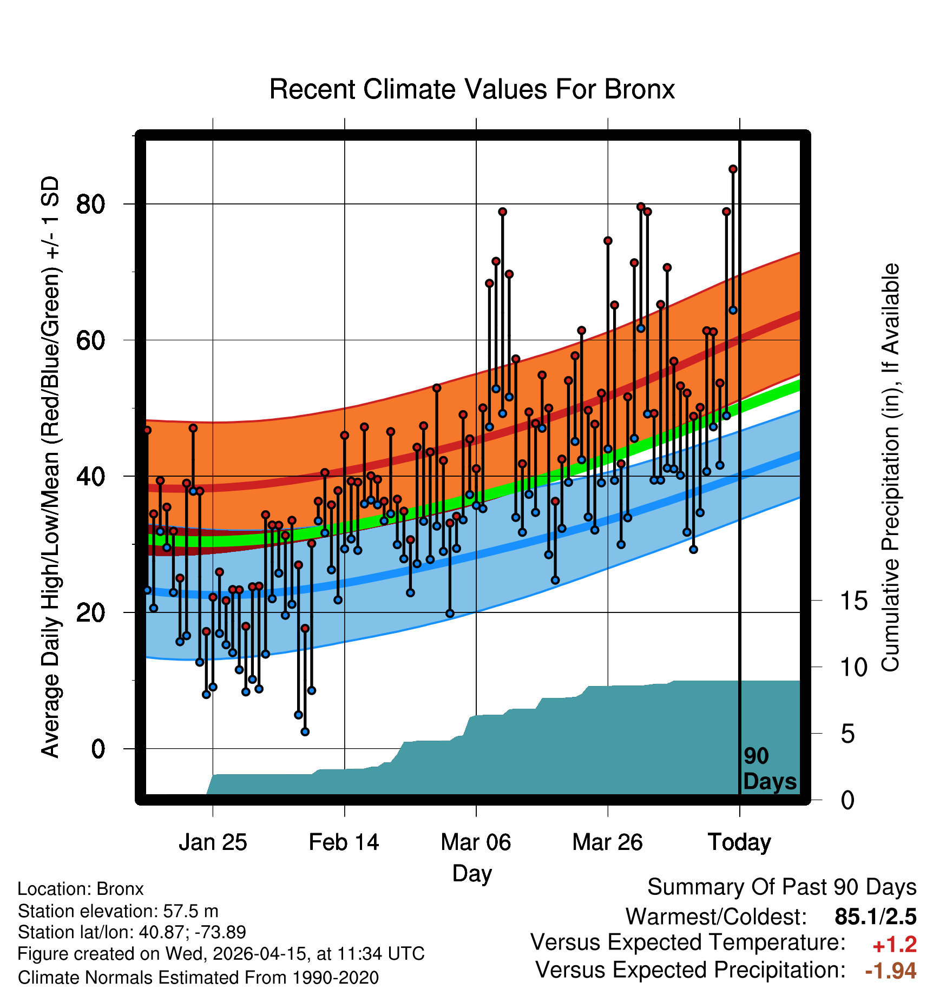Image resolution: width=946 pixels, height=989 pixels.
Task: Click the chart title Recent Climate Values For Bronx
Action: (472, 89)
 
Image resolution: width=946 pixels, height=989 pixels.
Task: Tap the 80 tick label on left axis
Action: (90, 205)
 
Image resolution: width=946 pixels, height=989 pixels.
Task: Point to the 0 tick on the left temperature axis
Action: (98, 749)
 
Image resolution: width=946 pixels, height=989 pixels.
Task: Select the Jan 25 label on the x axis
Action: (213, 842)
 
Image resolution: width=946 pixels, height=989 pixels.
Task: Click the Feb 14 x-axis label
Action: (344, 842)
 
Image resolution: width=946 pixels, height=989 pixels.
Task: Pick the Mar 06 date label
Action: (476, 842)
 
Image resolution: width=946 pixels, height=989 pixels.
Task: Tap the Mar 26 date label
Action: (607, 842)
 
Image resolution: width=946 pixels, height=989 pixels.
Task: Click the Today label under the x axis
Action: (739, 842)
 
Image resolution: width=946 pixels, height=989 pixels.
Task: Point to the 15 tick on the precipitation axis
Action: (854, 601)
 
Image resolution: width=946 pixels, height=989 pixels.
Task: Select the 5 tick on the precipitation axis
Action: (848, 734)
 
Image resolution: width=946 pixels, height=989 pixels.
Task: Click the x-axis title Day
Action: (472, 874)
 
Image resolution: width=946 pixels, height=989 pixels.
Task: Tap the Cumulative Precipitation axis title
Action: (890, 468)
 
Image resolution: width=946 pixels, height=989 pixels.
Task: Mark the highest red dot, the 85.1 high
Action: (733, 169)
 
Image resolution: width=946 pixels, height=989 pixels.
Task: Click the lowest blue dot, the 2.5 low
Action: (305, 732)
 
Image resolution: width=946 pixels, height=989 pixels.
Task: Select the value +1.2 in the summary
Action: (895, 945)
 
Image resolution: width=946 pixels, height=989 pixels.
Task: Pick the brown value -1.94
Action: (891, 971)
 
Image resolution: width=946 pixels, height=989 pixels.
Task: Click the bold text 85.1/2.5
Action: (876, 917)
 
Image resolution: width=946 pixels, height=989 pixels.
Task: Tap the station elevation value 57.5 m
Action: (191, 911)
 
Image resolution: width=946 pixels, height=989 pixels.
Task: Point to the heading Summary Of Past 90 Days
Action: (782, 887)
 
